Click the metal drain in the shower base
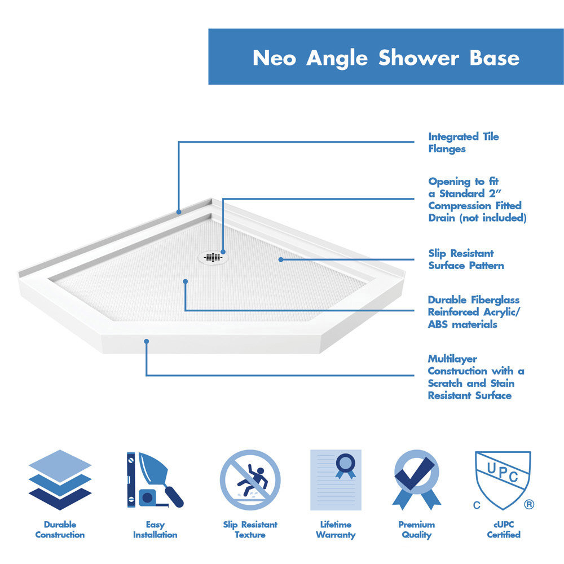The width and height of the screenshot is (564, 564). coord(213,257)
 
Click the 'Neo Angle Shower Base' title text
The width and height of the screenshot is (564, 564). coord(386,58)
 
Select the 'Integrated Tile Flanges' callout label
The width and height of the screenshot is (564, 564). coord(463,143)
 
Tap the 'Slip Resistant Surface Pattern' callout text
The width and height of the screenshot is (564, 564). coord(466,259)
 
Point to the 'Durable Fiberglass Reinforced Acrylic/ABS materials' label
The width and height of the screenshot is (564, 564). coord(473,312)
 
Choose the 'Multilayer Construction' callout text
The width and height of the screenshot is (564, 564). coord(475,377)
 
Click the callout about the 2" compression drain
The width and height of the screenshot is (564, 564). coord(477,200)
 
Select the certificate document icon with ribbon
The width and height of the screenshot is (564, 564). coord(336,479)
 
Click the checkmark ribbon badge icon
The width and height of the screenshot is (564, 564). coord(417,479)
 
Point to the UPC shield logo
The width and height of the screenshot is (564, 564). coord(503,479)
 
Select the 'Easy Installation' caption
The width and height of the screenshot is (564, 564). coord(155,530)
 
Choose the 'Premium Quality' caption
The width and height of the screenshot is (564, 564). coord(417,530)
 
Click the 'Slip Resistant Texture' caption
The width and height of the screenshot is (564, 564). coord(250,530)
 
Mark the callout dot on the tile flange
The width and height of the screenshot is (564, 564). coord(179,212)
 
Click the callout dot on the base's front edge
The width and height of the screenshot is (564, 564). coord(146,341)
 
